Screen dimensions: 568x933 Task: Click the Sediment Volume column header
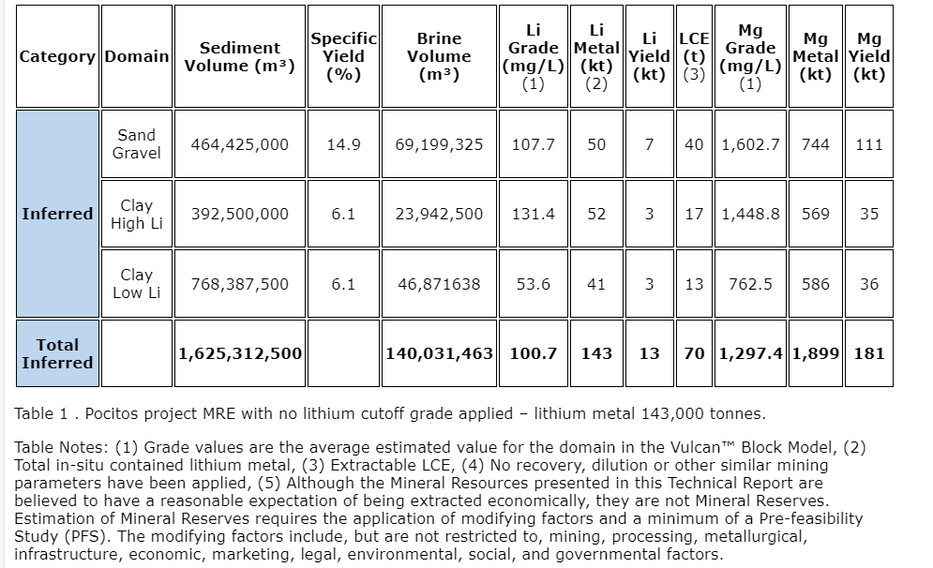point(239,56)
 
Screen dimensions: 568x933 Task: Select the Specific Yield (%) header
point(343,56)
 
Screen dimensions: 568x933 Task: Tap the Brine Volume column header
point(439,56)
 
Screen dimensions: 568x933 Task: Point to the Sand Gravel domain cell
point(136,144)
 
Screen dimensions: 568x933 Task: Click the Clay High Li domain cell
point(136,214)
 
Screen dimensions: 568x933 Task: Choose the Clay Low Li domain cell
point(136,283)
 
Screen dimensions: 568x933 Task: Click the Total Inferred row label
point(57,353)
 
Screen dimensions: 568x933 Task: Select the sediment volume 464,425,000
point(239,144)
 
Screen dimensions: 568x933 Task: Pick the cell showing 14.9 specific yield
point(343,144)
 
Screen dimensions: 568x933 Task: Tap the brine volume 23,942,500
point(439,214)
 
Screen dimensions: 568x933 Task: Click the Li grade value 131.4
point(533,214)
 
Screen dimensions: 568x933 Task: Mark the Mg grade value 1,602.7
point(750,144)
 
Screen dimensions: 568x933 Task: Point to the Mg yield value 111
point(869,144)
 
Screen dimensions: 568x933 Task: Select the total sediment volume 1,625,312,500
point(240,353)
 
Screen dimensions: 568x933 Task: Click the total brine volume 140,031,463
point(439,353)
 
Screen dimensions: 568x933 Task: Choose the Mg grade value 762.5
point(750,283)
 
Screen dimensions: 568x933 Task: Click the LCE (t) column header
point(694,56)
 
